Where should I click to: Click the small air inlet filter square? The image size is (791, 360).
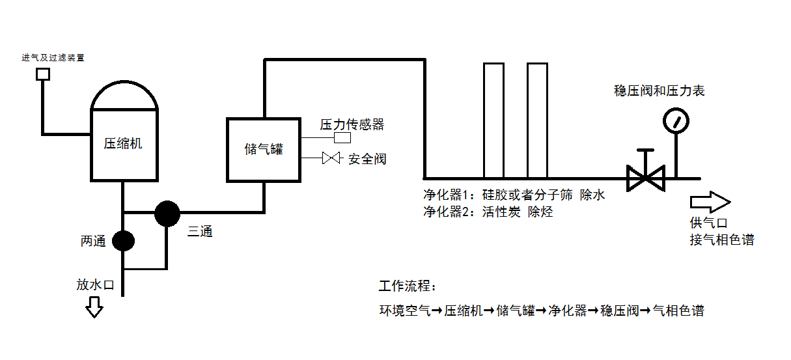coord(43,74)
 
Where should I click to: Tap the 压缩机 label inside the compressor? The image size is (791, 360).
coord(123,144)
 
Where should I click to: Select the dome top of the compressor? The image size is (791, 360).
coord(124,96)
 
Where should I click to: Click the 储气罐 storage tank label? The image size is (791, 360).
coord(263,148)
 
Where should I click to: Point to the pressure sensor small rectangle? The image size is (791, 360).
coord(342,138)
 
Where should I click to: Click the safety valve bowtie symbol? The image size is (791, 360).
coord(331,158)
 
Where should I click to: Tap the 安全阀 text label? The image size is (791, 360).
coord(367,159)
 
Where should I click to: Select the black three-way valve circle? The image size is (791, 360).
coord(167,213)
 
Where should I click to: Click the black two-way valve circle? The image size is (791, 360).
coord(123,241)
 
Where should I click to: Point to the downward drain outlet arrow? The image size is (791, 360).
coord(95,307)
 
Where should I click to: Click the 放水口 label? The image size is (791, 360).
coord(95,284)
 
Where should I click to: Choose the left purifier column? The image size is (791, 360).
coord(493,120)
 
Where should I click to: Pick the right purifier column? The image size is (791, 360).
coord(537,120)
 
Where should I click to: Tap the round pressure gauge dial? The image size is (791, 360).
coord(676,120)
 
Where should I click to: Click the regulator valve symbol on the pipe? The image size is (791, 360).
coord(645,177)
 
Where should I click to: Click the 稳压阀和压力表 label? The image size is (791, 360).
coord(659,91)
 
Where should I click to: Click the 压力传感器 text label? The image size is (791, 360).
coord(352,124)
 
